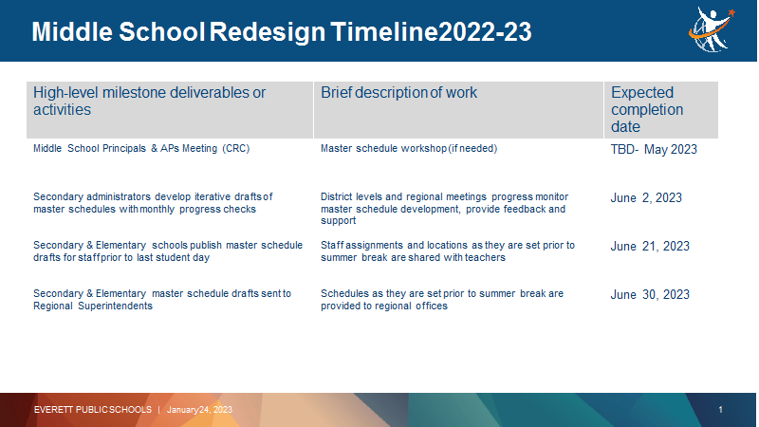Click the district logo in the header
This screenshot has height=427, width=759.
[x=712, y=29]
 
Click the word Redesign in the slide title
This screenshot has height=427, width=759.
[x=268, y=32]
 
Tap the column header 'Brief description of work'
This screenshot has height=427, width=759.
[x=398, y=92]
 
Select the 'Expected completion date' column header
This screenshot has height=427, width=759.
[x=647, y=109]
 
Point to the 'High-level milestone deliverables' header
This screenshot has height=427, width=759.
[x=149, y=101]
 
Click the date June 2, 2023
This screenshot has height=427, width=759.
[x=646, y=197]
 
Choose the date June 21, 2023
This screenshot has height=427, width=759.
[x=650, y=246]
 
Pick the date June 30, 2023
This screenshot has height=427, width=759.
[x=650, y=294]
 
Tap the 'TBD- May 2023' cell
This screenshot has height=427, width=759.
[x=654, y=149]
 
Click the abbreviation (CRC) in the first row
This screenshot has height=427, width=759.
[x=235, y=149]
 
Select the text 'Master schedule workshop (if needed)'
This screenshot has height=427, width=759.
[x=409, y=149]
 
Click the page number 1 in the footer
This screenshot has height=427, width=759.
[x=720, y=410]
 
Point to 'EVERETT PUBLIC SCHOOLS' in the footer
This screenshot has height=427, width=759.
[x=92, y=410]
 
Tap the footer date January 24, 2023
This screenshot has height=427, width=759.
[x=199, y=410]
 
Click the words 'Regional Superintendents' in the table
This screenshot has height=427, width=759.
[x=92, y=306]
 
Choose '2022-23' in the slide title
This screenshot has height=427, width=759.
[x=485, y=32]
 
